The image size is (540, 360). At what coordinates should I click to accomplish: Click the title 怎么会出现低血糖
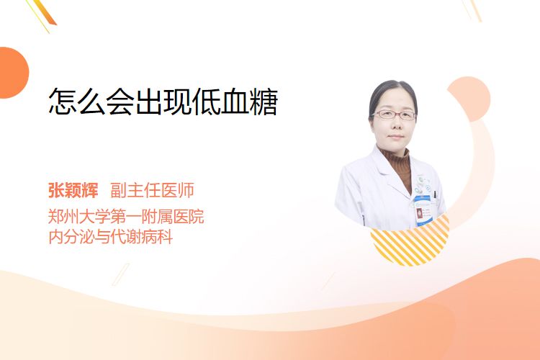(x=163, y=102)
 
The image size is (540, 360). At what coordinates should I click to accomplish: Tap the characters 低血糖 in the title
(x=235, y=102)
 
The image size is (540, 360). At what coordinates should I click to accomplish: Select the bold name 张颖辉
(x=73, y=190)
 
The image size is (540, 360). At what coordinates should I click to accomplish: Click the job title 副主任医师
(x=152, y=190)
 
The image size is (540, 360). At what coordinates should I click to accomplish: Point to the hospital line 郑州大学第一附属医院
(x=126, y=217)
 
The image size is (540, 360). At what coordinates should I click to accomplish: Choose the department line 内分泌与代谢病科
(x=111, y=237)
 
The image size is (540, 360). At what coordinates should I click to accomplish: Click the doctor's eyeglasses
(x=394, y=114)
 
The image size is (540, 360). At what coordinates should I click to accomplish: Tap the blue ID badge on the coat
(x=423, y=210)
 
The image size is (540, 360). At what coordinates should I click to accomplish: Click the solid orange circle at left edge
(x=13, y=73)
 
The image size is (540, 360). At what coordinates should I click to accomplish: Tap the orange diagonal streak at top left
(x=42, y=14)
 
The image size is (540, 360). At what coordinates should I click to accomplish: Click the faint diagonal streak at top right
(x=472, y=10)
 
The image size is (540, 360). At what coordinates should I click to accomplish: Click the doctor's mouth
(x=395, y=137)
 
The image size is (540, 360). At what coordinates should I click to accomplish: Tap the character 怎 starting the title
(x=63, y=102)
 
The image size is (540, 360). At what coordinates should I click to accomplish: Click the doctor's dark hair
(x=392, y=93)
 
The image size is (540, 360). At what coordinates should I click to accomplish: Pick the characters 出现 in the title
(x=163, y=102)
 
